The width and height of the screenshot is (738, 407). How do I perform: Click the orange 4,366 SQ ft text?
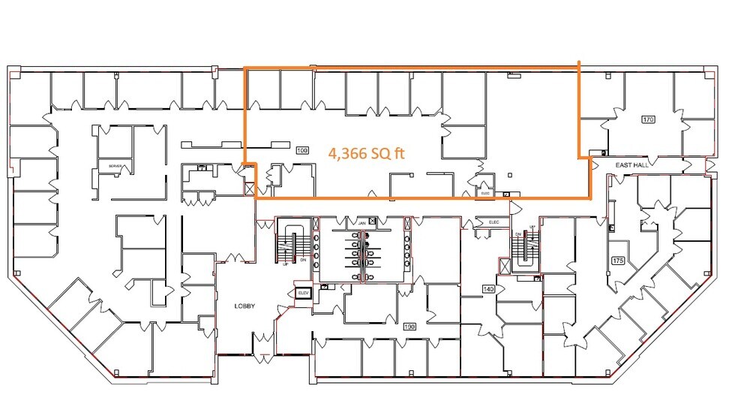coord(367,153)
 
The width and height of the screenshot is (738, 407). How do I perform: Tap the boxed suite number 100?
coord(303,151)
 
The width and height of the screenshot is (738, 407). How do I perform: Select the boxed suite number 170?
coord(649,119)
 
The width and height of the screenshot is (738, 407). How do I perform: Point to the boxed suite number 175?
coord(618,261)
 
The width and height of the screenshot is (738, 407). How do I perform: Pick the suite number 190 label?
coord(409,327)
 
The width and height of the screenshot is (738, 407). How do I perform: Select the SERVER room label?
coord(115,166)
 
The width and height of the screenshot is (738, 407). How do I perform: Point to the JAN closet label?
coord(361,223)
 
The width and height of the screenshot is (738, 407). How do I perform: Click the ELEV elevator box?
coord(303,293)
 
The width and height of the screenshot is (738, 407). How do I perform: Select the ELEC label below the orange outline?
coord(493,222)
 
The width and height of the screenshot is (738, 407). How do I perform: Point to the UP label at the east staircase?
coord(532,227)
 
